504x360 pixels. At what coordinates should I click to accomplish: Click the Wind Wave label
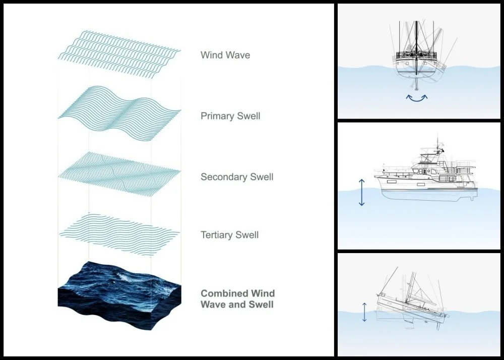pyautogui.click(x=225, y=55)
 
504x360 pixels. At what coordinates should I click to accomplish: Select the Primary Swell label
pyautogui.click(x=230, y=116)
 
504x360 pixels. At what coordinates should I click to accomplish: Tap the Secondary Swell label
pyautogui.click(x=237, y=177)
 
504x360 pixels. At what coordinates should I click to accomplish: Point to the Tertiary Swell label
pyautogui.click(x=229, y=235)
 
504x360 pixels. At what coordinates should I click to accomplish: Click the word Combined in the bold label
pyautogui.click(x=224, y=293)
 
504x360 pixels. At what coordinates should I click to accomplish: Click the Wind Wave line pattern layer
pyautogui.click(x=119, y=52)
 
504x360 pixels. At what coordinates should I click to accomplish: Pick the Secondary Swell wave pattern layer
pyautogui.click(x=119, y=172)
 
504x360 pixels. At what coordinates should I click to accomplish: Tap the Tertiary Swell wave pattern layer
pyautogui.click(x=119, y=230)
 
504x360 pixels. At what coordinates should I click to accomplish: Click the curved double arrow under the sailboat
pyautogui.click(x=417, y=97)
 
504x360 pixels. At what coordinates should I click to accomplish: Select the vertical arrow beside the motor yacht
pyautogui.click(x=361, y=192)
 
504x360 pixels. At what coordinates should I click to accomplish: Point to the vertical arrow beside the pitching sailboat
pyautogui.click(x=364, y=312)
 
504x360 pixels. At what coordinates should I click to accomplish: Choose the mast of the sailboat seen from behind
pyautogui.click(x=416, y=35)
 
